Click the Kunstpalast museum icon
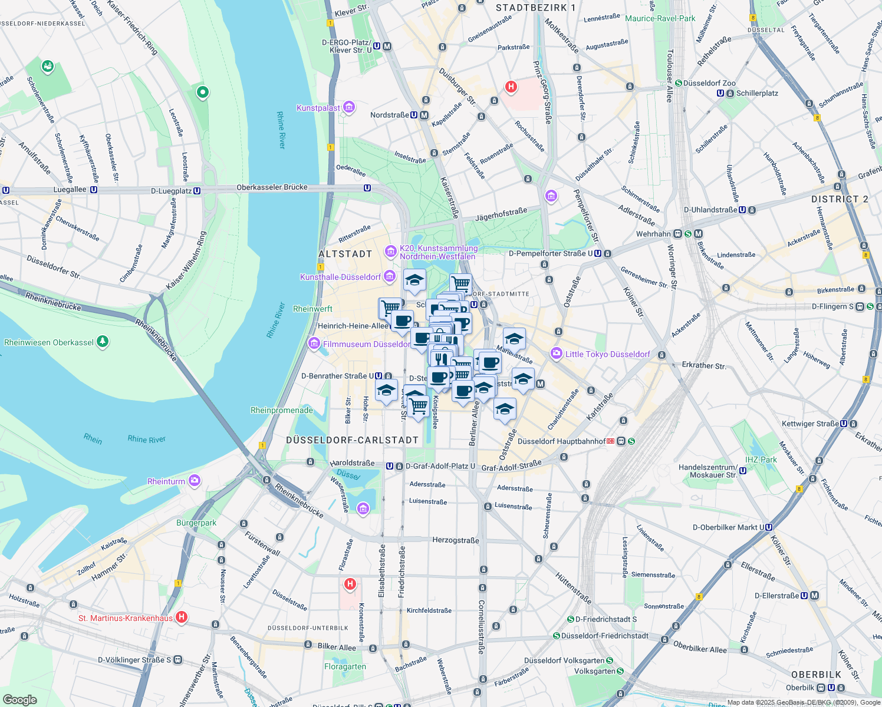click(349, 107)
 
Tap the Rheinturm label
click(166, 481)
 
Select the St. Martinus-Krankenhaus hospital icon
click(182, 617)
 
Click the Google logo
click(20, 699)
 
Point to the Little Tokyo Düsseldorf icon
click(556, 353)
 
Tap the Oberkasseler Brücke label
click(272, 187)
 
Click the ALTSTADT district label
click(345, 254)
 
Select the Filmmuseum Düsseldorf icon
click(314, 343)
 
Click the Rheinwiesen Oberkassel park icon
click(103, 342)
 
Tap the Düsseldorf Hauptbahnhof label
click(561, 441)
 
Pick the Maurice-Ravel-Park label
click(660, 18)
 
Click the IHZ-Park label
click(761, 460)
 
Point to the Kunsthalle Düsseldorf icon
click(389, 276)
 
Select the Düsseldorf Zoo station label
click(709, 83)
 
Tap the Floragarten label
click(345, 666)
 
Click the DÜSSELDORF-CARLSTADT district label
click(352, 440)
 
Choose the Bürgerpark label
click(196, 523)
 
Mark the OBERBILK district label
click(816, 675)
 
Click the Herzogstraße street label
click(455, 540)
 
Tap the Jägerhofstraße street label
click(501, 214)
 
